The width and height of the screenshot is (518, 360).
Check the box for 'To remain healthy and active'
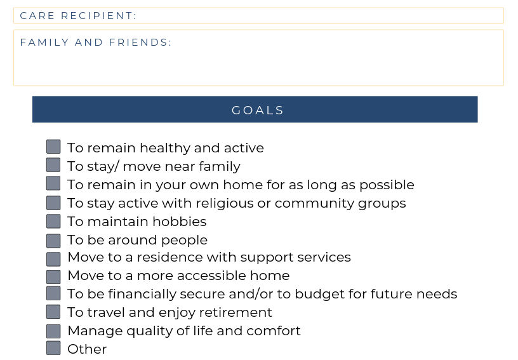click(x=53, y=147)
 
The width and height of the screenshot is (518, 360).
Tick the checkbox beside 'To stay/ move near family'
click(x=53, y=165)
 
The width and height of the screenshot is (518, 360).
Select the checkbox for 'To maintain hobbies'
click(x=53, y=221)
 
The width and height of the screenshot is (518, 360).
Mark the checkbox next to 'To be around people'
click(x=53, y=241)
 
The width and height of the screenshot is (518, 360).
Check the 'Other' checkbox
click(x=53, y=348)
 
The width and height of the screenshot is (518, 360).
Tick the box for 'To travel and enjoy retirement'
click(x=53, y=312)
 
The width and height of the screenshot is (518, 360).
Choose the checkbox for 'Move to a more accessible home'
click(x=53, y=276)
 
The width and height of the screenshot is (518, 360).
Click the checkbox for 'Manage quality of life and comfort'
click(x=53, y=331)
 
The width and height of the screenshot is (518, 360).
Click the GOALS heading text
click(x=258, y=110)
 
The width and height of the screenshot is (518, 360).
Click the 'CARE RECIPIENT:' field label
click(x=78, y=16)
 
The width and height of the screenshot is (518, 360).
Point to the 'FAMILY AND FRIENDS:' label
click(x=96, y=43)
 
